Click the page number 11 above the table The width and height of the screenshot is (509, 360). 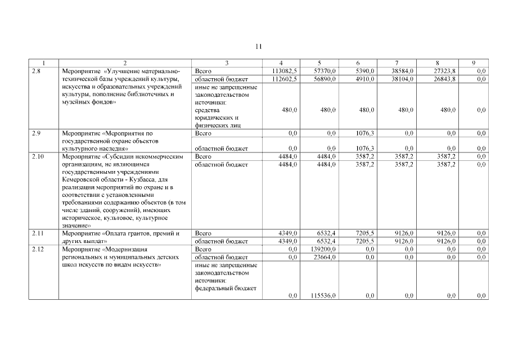258,47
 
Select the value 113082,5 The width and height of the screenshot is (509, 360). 284,71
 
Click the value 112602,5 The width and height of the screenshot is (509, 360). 284,79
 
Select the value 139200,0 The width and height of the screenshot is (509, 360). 322,248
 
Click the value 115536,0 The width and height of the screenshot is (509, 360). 322,296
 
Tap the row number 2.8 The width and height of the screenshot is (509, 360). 35,71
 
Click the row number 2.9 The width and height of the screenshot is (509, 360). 35,133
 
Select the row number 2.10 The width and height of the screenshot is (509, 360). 37,156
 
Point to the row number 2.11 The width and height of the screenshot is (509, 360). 37,232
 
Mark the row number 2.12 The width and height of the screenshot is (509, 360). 37,248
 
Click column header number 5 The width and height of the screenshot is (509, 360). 319,63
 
